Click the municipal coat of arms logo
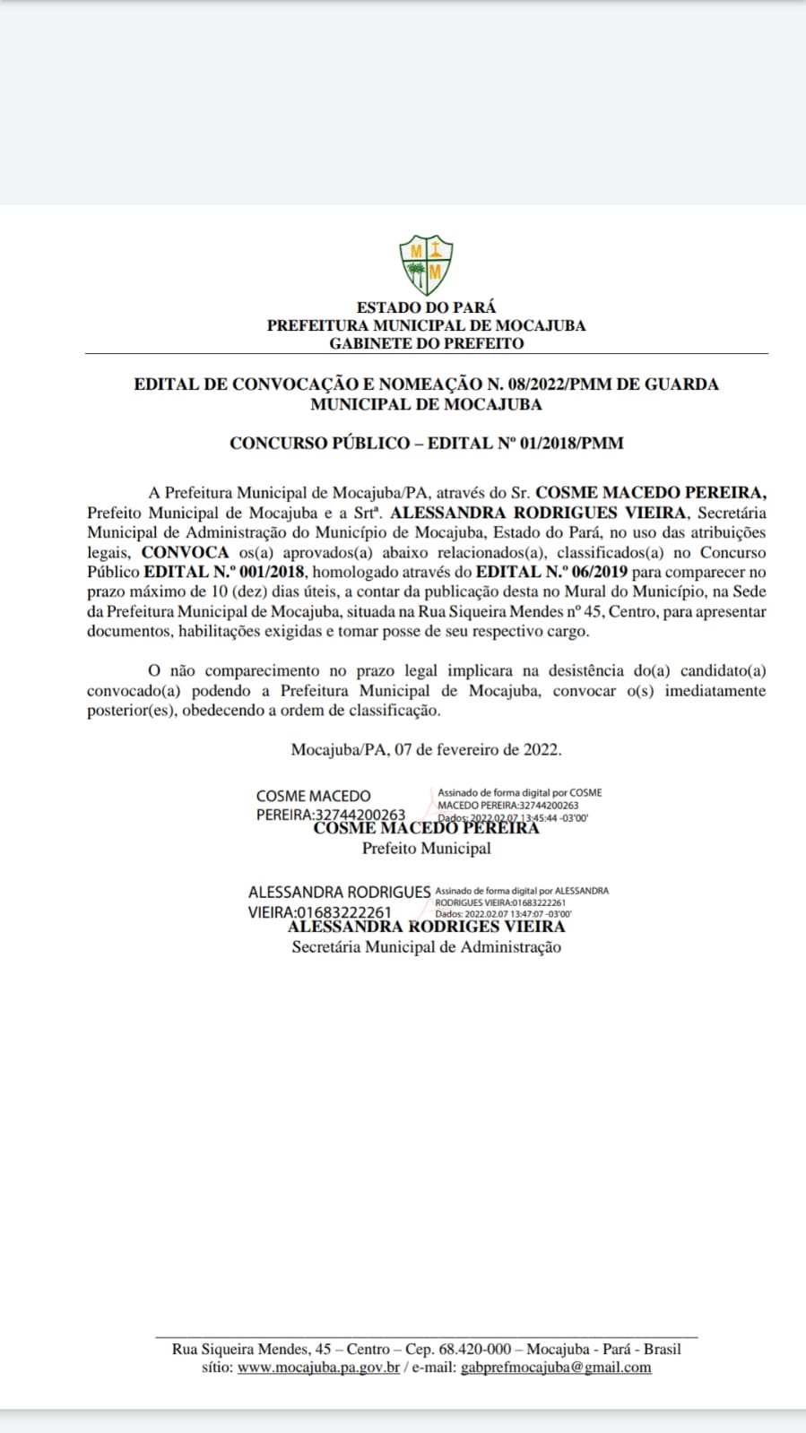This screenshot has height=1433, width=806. click(x=426, y=263)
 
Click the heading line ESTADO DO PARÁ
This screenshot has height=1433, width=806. click(x=426, y=307)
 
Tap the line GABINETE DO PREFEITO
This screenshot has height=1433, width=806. click(x=426, y=343)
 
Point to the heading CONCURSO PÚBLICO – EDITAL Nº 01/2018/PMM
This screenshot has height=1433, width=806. click(x=426, y=443)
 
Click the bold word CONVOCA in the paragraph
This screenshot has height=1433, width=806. click(x=186, y=553)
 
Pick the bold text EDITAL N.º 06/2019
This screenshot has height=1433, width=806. click(x=552, y=572)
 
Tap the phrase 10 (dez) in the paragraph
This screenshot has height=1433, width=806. click(x=223, y=591)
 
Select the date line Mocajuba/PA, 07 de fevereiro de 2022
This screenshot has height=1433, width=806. click(x=426, y=749)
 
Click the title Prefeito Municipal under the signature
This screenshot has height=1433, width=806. click(x=426, y=848)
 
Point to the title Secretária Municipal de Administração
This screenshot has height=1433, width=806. click(x=426, y=947)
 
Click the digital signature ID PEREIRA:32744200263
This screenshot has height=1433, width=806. click(x=330, y=816)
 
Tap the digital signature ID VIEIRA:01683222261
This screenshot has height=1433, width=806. click(x=319, y=912)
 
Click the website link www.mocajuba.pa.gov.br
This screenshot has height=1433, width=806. click(x=318, y=1368)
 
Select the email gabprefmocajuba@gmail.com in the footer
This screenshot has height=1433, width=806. click(x=555, y=1368)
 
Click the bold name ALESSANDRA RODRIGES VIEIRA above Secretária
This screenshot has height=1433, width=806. click(x=426, y=927)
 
